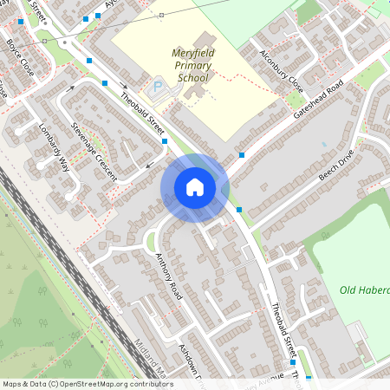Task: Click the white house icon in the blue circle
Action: click(194, 187)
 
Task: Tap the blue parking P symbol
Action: click(158, 86)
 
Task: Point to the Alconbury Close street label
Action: click(282, 69)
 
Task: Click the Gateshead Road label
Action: click(319, 101)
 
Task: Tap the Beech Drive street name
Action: click(336, 164)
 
